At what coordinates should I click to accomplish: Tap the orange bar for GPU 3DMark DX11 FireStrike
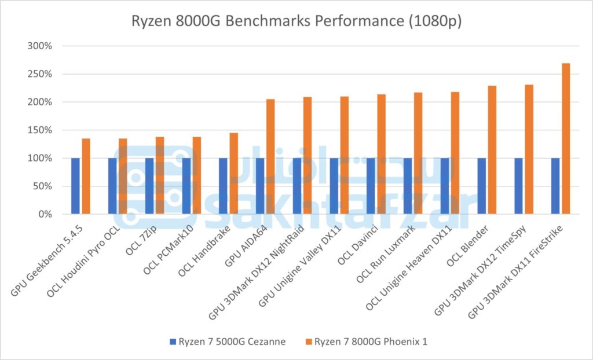[x=566, y=139]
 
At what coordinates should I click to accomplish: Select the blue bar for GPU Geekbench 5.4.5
[x=75, y=186]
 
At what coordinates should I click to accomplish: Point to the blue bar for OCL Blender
[x=482, y=186]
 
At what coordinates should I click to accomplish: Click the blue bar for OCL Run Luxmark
[x=408, y=186]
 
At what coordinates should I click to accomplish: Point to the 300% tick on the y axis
[x=41, y=46]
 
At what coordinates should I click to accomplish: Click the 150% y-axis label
[x=41, y=130]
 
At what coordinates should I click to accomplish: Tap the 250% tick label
[x=41, y=74]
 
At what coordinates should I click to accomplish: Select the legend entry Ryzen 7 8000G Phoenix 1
[x=371, y=341]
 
